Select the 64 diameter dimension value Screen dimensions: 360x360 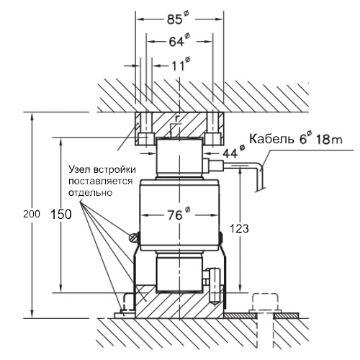tap(179, 40)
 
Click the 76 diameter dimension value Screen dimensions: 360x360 tap(179, 214)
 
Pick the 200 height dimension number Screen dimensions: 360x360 tap(32, 214)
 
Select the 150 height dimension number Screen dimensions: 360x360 tap(61, 215)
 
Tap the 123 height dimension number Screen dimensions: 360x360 tap(239, 229)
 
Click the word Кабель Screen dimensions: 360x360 tap(271, 139)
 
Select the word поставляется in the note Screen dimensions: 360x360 tap(100, 181)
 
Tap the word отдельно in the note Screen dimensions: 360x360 tap(91, 193)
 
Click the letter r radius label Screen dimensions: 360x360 tap(177, 118)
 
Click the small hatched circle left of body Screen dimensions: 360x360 tap(132, 238)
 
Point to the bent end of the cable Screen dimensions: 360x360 tap(259, 179)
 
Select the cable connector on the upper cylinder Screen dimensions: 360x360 tap(214, 165)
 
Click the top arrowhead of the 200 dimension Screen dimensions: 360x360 tap(32, 117)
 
